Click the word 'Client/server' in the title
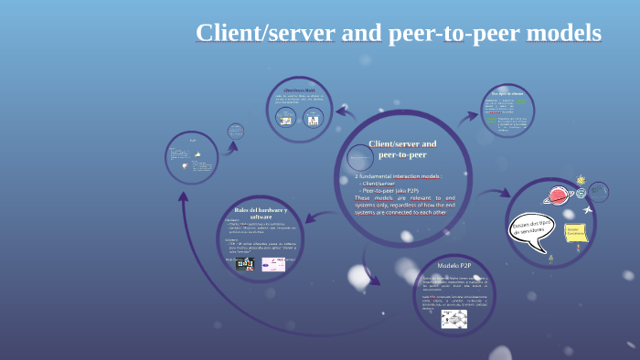(x=266, y=33)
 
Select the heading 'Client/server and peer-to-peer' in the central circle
(x=402, y=149)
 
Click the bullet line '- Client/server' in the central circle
(x=378, y=183)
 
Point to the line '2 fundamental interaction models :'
(x=399, y=175)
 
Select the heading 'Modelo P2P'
(x=453, y=264)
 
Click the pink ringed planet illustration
(x=557, y=196)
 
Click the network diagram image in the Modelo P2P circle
(x=453, y=319)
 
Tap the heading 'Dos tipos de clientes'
(x=507, y=92)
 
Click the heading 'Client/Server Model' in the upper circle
(x=299, y=90)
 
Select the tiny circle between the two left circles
(x=236, y=131)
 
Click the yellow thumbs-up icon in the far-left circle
(x=197, y=156)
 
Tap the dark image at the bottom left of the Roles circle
(x=244, y=264)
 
